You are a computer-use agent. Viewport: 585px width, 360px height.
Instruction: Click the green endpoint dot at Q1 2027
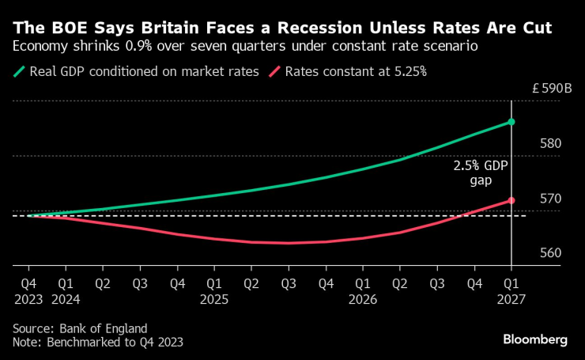(x=511, y=122)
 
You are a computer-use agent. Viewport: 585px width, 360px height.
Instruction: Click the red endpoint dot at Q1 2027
(x=511, y=200)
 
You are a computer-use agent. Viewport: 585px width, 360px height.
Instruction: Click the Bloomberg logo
(x=535, y=339)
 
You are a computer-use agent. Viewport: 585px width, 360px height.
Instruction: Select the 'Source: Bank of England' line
(x=80, y=328)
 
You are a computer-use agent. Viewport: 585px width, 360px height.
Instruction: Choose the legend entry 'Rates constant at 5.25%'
(x=349, y=72)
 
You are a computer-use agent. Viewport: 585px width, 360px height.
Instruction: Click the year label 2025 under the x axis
(x=214, y=300)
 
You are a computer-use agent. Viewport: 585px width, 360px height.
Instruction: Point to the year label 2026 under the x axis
(x=362, y=300)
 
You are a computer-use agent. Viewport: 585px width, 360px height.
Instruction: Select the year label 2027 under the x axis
(x=511, y=300)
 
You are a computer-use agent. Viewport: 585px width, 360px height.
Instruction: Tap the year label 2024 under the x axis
(x=66, y=300)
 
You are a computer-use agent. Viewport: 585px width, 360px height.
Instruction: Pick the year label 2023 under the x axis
(x=28, y=300)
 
